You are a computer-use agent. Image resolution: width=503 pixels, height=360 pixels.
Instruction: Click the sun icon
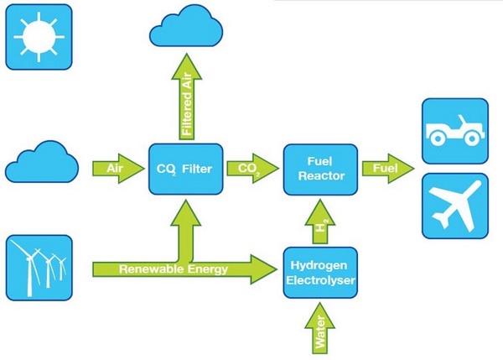pyautogui.click(x=39, y=37)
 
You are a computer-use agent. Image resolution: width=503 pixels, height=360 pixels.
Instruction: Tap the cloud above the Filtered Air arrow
pyautogui.click(x=186, y=26)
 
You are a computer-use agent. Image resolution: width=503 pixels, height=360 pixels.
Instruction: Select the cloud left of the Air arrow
pyautogui.click(x=42, y=162)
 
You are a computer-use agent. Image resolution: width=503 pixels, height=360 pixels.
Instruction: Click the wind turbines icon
pyautogui.click(x=39, y=268)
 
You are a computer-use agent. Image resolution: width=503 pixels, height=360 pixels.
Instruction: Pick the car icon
pyautogui.click(x=455, y=131)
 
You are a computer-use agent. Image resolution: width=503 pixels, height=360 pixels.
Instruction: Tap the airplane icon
pyautogui.click(x=455, y=206)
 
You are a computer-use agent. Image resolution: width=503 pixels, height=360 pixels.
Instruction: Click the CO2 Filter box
pyautogui.click(x=186, y=170)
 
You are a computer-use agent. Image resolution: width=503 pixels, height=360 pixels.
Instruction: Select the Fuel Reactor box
pyautogui.click(x=320, y=170)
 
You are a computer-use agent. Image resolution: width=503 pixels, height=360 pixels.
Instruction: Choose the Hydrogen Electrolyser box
pyautogui.click(x=320, y=273)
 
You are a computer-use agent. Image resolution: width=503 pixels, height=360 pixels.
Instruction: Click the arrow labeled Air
pyautogui.click(x=118, y=169)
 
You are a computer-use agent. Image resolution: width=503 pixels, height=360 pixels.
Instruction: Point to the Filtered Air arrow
pyautogui.click(x=187, y=97)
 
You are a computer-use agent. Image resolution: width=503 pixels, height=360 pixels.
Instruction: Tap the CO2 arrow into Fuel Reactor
pyautogui.click(x=252, y=169)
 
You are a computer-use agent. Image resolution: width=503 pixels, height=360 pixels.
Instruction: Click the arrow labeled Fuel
pyautogui.click(x=388, y=169)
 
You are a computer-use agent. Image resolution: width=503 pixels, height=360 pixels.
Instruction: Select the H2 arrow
pyautogui.click(x=320, y=222)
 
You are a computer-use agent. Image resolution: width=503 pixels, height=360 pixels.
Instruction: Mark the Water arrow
pyautogui.click(x=320, y=328)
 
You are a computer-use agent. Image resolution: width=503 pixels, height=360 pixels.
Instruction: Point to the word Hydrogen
pyautogui.click(x=319, y=266)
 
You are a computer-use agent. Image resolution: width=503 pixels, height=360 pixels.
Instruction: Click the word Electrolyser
pyautogui.click(x=320, y=280)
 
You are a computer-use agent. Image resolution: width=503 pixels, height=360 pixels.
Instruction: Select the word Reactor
pyautogui.click(x=321, y=176)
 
